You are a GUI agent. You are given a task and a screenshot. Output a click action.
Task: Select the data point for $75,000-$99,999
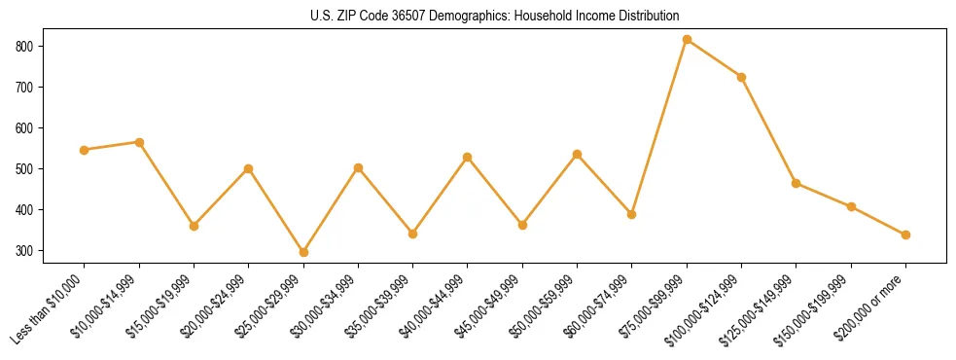pos(688,40)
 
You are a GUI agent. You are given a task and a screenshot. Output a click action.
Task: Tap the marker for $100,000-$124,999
pos(742,77)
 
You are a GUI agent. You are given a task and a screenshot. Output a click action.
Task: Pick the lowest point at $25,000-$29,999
pos(303,252)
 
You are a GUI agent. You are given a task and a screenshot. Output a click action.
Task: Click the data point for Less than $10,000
pos(85,150)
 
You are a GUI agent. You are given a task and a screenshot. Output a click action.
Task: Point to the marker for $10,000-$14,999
pos(139,142)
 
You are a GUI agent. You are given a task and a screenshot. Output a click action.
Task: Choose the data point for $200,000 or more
pos(906,234)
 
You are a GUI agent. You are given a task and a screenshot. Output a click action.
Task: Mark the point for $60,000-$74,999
pos(632,214)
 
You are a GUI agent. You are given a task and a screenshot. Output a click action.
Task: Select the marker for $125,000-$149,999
pos(797,183)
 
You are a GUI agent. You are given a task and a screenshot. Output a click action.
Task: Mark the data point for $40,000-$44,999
pos(468,157)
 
